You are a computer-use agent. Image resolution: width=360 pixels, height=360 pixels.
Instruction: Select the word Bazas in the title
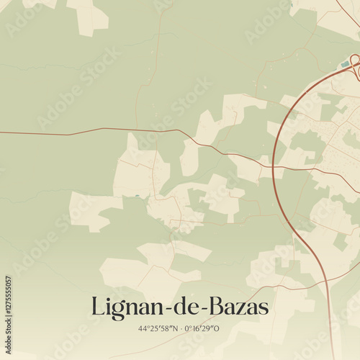pyautogui.click(x=238, y=307)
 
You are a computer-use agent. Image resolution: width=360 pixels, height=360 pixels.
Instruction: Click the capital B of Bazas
pyautogui.click(x=215, y=307)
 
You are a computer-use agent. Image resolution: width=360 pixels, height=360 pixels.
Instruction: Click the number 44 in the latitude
pyautogui.click(x=143, y=329)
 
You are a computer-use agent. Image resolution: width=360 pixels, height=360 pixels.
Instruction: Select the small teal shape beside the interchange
pyautogui.click(x=345, y=65)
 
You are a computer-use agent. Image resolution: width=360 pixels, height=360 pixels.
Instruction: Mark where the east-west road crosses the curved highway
pyautogui.click(x=274, y=165)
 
